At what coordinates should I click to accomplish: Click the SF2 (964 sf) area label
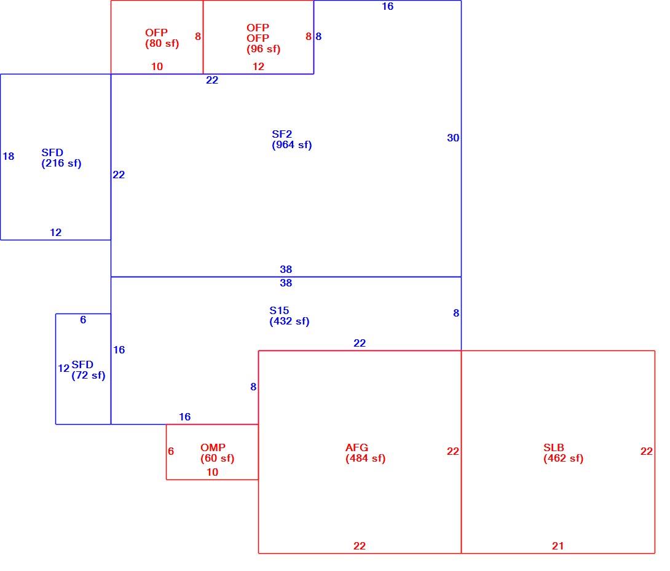[292, 140]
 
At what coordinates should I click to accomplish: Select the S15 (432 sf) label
[290, 316]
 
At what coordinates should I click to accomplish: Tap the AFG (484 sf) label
[365, 453]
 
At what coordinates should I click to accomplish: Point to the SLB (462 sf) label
[563, 453]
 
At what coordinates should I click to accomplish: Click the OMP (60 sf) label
[217, 453]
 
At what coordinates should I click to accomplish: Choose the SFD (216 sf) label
[61, 158]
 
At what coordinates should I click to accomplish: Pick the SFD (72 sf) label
[88, 370]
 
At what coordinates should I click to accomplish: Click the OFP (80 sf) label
[162, 38]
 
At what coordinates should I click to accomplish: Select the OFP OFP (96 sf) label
[263, 39]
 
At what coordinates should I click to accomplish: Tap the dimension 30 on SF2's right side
[453, 138]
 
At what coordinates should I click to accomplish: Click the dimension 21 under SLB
[558, 546]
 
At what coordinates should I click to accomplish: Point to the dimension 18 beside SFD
[8, 157]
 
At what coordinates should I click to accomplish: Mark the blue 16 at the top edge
[388, 6]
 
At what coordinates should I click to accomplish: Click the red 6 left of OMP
[171, 451]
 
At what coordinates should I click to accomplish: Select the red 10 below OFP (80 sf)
[157, 66]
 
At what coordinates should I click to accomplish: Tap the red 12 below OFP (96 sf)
[258, 66]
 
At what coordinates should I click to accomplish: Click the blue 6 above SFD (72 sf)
[83, 320]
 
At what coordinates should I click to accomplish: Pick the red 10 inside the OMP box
[212, 472]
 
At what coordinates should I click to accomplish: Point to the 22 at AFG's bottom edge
[360, 546]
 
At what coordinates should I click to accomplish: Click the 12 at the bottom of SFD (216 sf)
[55, 232]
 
